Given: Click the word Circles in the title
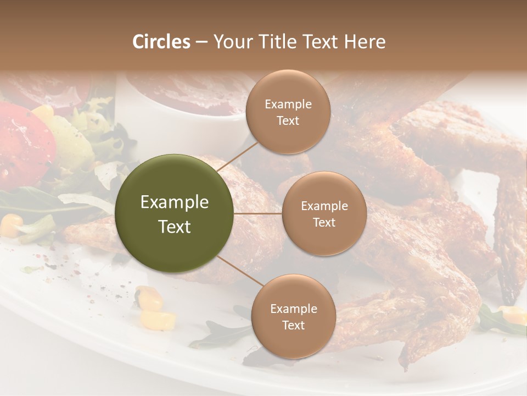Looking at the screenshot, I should [161, 42].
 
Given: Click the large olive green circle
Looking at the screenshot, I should [175, 213].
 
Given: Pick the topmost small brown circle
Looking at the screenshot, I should [288, 112].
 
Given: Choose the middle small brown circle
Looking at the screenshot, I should [324, 213].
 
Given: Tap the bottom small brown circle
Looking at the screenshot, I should [293, 316].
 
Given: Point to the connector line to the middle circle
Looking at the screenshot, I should [258, 213].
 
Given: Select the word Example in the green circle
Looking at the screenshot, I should [175, 202].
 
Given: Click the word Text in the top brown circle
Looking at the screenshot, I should [288, 121].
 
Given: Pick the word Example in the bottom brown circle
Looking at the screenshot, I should [293, 309].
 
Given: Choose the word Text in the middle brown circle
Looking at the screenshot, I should [324, 223].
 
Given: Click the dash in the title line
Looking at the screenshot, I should [201, 42].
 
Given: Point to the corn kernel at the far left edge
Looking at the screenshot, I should [10, 223].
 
